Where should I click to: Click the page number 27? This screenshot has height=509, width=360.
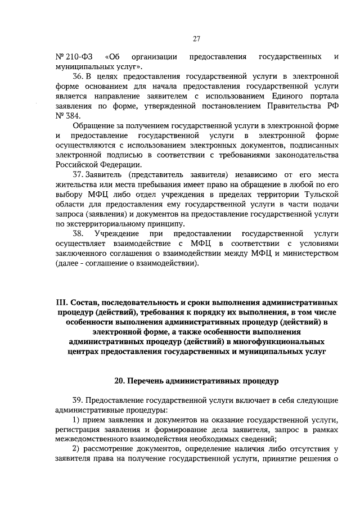(x=196, y=39)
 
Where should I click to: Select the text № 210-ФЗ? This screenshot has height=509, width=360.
(x=72, y=57)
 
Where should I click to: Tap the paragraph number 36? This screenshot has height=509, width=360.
(x=79, y=76)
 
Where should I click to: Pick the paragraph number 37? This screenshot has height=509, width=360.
(x=79, y=174)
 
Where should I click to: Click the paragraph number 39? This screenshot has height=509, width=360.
(x=79, y=400)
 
